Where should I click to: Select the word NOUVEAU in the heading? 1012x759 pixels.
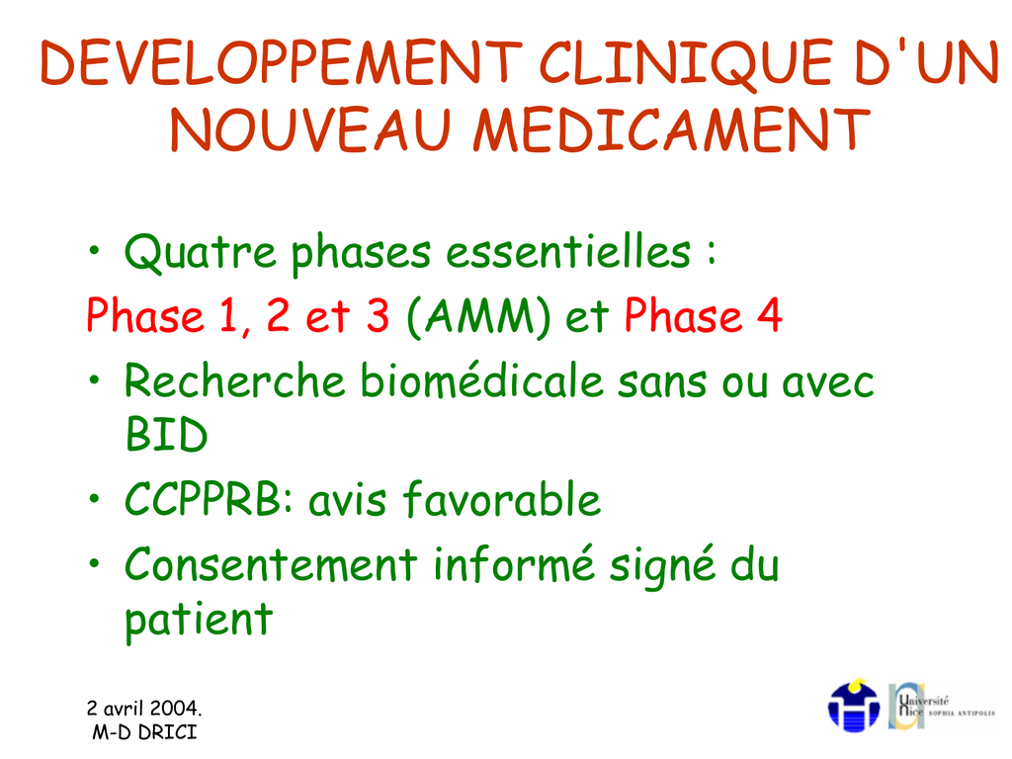click(310, 129)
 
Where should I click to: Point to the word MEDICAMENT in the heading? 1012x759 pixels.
click(671, 129)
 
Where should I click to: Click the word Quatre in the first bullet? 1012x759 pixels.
click(200, 252)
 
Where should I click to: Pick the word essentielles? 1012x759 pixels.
click(568, 251)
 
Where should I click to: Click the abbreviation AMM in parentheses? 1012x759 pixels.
click(479, 317)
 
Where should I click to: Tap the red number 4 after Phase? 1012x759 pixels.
click(769, 315)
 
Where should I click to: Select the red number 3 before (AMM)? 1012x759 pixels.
click(378, 315)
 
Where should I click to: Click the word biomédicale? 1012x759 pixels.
click(481, 380)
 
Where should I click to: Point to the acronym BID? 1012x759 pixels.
click(166, 435)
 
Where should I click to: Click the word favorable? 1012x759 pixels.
click(501, 499)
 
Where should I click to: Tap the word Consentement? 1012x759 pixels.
click(271, 564)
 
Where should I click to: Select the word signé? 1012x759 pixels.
click(663, 566)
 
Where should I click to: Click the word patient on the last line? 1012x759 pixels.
click(199, 621)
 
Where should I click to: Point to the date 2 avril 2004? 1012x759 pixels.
click(144, 708)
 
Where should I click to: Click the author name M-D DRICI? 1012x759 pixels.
click(144, 732)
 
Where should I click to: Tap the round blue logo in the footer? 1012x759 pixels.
click(853, 706)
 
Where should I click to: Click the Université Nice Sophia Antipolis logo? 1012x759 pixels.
click(942, 707)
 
